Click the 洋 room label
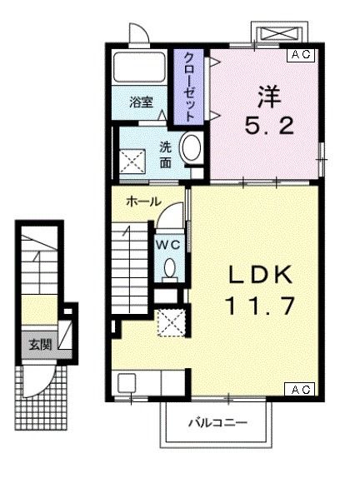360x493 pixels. click(266, 97)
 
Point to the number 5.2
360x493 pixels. click(266, 127)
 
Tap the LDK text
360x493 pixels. click(258, 275)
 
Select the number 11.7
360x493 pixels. click(258, 306)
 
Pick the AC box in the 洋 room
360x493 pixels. click(300, 55)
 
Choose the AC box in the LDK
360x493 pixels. click(300, 389)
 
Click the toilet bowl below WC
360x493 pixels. click(169, 269)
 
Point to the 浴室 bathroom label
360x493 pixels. click(141, 102)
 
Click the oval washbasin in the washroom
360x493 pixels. click(191, 148)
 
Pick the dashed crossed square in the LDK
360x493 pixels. click(172, 321)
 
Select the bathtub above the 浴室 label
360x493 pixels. click(141, 68)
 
